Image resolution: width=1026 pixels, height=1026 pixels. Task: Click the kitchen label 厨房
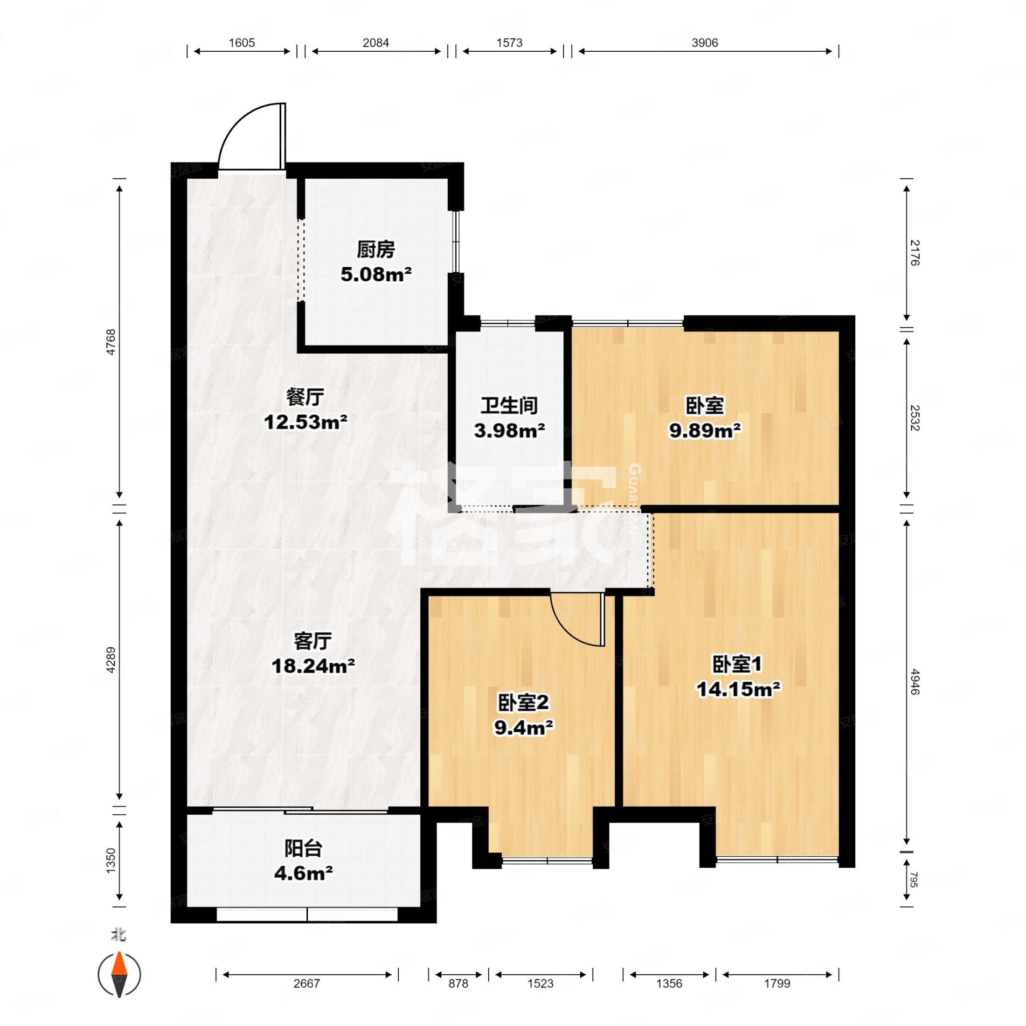[375, 249]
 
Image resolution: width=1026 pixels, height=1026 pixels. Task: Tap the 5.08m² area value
[376, 275]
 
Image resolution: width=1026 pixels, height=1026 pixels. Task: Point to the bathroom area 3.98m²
[509, 430]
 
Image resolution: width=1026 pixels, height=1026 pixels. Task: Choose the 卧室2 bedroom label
[523, 703]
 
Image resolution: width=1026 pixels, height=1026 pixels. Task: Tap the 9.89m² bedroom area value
[705, 430]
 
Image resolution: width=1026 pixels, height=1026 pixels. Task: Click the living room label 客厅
[313, 641]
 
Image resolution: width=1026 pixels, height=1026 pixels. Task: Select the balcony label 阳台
[303, 848]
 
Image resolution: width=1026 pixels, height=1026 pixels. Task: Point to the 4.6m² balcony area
[303, 873]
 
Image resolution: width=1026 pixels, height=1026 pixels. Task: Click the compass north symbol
[119, 975]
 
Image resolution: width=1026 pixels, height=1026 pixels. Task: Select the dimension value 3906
[705, 42]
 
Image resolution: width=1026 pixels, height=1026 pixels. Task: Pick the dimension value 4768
[111, 342]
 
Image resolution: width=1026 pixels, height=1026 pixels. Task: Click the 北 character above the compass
[118, 934]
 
